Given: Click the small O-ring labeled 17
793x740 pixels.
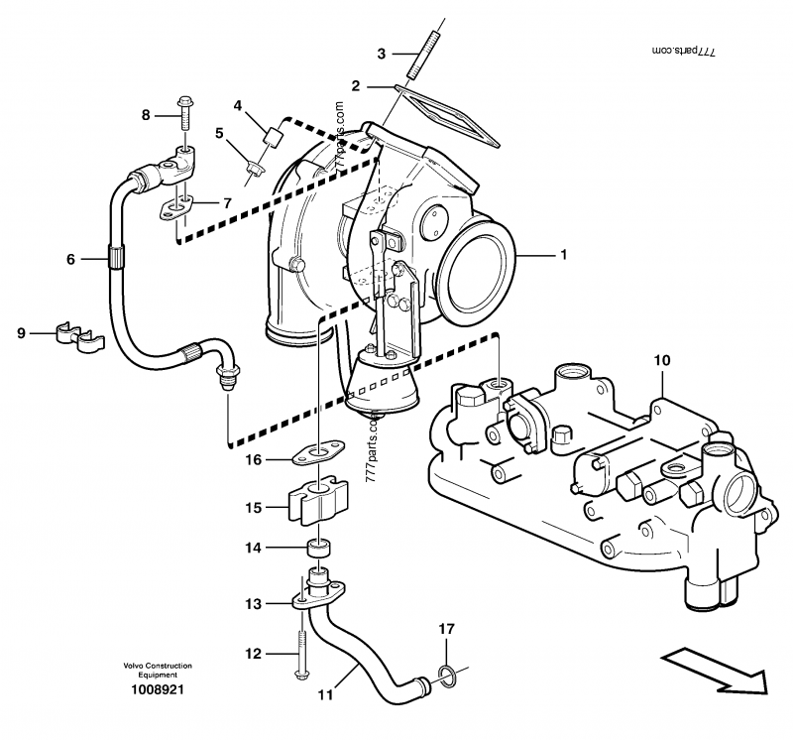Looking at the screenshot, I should (x=447, y=677).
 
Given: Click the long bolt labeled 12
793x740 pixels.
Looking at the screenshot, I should (x=296, y=650).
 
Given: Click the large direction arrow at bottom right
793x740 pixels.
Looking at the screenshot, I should (x=717, y=671).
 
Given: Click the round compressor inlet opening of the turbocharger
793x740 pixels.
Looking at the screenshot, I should (x=480, y=269).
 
